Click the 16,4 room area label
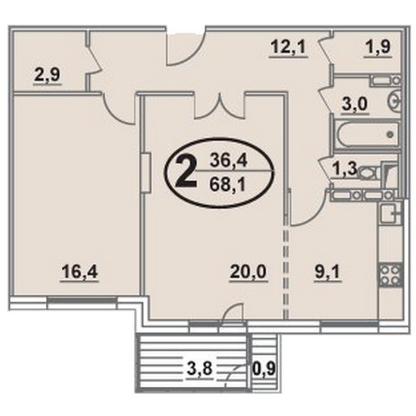pyautogui.click(x=80, y=272)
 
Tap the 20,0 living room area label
pyautogui.click(x=248, y=272)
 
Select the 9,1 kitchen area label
pyautogui.click(x=327, y=272)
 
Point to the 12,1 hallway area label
pyautogui.click(x=288, y=48)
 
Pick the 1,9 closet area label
pyautogui.click(x=378, y=47)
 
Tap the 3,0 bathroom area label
pyautogui.click(x=354, y=104)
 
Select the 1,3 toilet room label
pyautogui.click(x=344, y=169)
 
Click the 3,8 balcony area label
pyautogui.click(x=200, y=369)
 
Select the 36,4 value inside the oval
pyautogui.click(x=228, y=161)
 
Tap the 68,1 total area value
pyautogui.click(x=227, y=185)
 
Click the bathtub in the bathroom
pyautogui.click(x=367, y=134)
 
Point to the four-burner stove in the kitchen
pyautogui.click(x=390, y=275)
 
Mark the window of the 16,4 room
pyautogui.click(x=82, y=300)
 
